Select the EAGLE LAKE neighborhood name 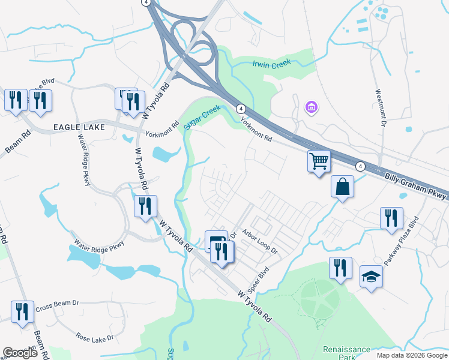(x=79, y=127)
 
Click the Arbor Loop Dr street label (x=260, y=241)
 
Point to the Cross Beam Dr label (x=58, y=308)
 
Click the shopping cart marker (x=319, y=161)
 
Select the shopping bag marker (x=342, y=187)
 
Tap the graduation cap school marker (x=371, y=277)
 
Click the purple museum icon (x=312, y=107)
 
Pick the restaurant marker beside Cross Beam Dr (x=22, y=311)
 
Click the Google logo (x=20, y=353)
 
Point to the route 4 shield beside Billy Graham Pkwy (x=360, y=166)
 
